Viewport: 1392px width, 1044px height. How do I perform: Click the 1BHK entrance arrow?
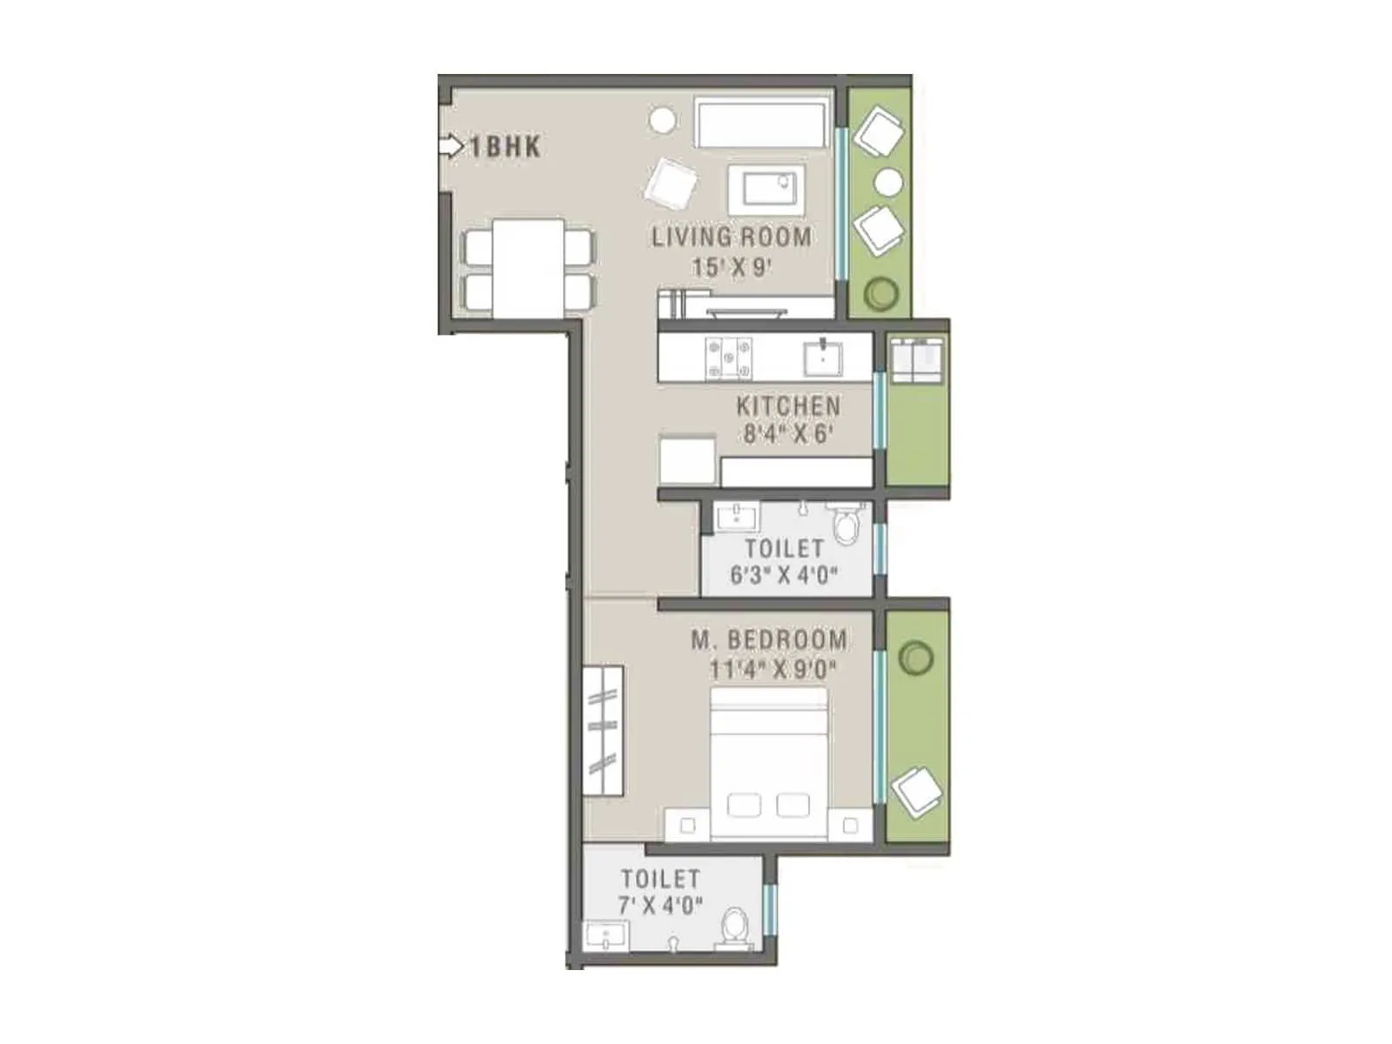[452, 146]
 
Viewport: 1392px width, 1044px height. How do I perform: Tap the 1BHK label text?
[505, 147]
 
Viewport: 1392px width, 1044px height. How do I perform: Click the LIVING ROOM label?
[732, 237]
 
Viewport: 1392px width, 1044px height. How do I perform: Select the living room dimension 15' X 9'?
[732, 267]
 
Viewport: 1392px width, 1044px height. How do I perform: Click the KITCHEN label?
[788, 406]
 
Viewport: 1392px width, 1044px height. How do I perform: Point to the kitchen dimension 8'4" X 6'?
[788, 433]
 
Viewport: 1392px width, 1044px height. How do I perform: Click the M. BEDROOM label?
[769, 640]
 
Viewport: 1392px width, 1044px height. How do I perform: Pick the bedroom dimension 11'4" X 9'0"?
[773, 670]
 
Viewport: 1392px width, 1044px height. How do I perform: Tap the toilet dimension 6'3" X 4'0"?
[784, 575]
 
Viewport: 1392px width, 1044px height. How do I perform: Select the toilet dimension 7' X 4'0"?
[660, 906]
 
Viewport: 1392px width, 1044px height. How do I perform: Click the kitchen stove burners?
[729, 357]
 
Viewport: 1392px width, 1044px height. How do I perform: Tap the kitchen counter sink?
[822, 357]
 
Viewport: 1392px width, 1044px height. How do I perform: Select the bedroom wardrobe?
[603, 731]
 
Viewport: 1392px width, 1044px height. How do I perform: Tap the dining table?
[527, 269]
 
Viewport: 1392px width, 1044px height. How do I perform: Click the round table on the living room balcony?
[888, 183]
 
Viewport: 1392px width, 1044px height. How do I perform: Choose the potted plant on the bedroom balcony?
[915, 658]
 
